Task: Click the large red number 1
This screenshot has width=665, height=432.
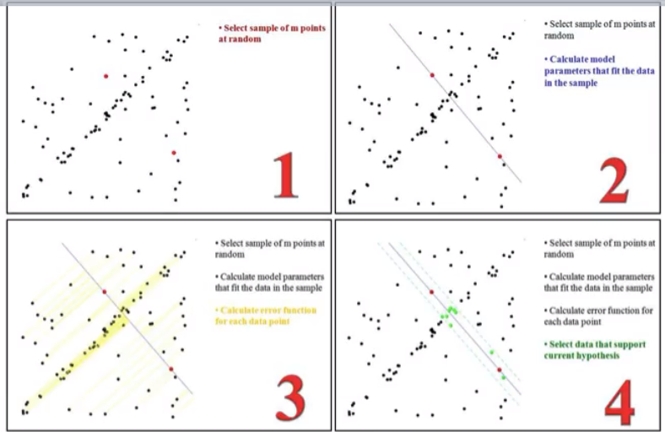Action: (x=286, y=175)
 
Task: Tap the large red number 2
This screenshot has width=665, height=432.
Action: (x=614, y=181)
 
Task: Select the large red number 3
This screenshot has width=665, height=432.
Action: (x=290, y=398)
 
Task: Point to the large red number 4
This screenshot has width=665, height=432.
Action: (x=619, y=402)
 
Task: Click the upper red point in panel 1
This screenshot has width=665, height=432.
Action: (x=106, y=76)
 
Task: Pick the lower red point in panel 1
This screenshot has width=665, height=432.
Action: (x=174, y=153)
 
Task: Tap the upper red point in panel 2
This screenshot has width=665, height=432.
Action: (x=432, y=75)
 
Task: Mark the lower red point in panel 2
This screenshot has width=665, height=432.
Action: (x=500, y=156)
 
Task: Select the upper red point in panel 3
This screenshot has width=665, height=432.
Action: (x=105, y=292)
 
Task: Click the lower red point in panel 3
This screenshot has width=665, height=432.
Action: (x=171, y=370)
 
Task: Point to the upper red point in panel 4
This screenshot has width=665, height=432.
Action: (x=432, y=292)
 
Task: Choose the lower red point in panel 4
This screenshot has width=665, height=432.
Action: (x=500, y=370)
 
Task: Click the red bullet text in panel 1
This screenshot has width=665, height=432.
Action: (x=272, y=34)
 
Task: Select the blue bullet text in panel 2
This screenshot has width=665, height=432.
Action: (x=599, y=71)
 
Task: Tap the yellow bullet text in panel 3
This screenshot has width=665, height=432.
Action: (x=266, y=316)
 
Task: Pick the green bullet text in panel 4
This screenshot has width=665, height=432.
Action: (x=595, y=350)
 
